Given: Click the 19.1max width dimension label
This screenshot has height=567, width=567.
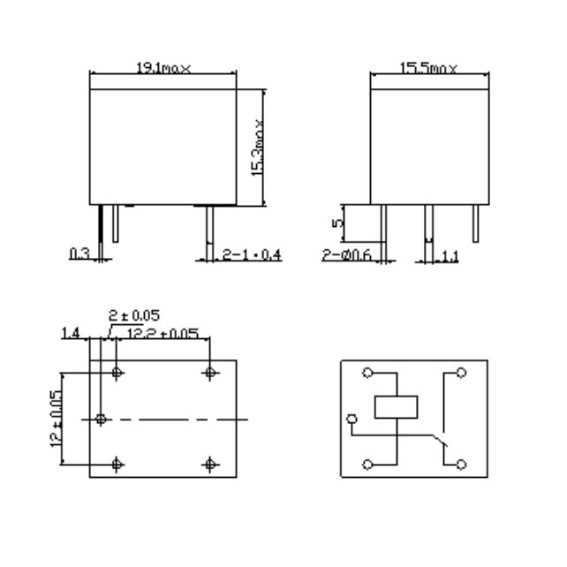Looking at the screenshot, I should (x=163, y=69).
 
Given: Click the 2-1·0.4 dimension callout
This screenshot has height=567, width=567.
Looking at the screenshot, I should (x=251, y=254).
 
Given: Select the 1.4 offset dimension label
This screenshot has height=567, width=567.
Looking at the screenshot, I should (x=72, y=333).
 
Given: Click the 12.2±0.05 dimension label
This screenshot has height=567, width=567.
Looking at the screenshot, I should (x=163, y=333).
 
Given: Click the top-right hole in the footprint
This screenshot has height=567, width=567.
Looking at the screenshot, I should (x=210, y=373).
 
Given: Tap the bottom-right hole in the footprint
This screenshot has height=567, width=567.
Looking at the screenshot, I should (x=210, y=464).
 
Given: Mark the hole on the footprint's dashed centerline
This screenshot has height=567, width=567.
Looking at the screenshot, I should (x=101, y=418).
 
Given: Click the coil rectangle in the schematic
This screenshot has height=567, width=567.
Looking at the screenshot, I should (x=398, y=407).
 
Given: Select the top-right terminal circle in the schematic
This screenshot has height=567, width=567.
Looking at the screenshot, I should (x=460, y=372).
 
